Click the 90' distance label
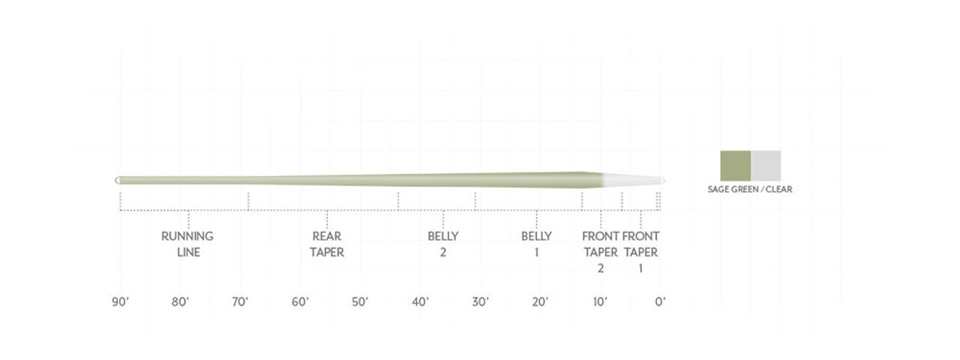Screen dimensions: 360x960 (120, 302)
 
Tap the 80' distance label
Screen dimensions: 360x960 (180, 302)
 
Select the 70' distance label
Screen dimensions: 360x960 (240, 302)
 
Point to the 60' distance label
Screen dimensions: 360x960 (300, 302)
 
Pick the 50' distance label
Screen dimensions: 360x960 (360, 302)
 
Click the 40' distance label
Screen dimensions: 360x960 (420, 302)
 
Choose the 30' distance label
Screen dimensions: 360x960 (481, 302)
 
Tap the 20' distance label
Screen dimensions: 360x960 (540, 302)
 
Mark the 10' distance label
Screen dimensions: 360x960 (600, 302)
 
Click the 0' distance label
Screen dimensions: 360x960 (660, 302)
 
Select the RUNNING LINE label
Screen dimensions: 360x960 (187, 244)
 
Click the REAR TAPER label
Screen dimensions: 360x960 (327, 244)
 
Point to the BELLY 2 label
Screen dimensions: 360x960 (443, 244)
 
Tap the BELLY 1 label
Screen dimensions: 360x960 (536, 244)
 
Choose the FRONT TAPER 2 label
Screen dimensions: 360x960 (600, 252)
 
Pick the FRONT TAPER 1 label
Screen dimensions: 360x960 (640, 252)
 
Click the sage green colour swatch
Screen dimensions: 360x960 (735, 166)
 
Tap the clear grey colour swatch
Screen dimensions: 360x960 (766, 166)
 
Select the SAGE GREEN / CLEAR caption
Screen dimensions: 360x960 (749, 190)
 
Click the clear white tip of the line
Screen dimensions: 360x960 (634, 180)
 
